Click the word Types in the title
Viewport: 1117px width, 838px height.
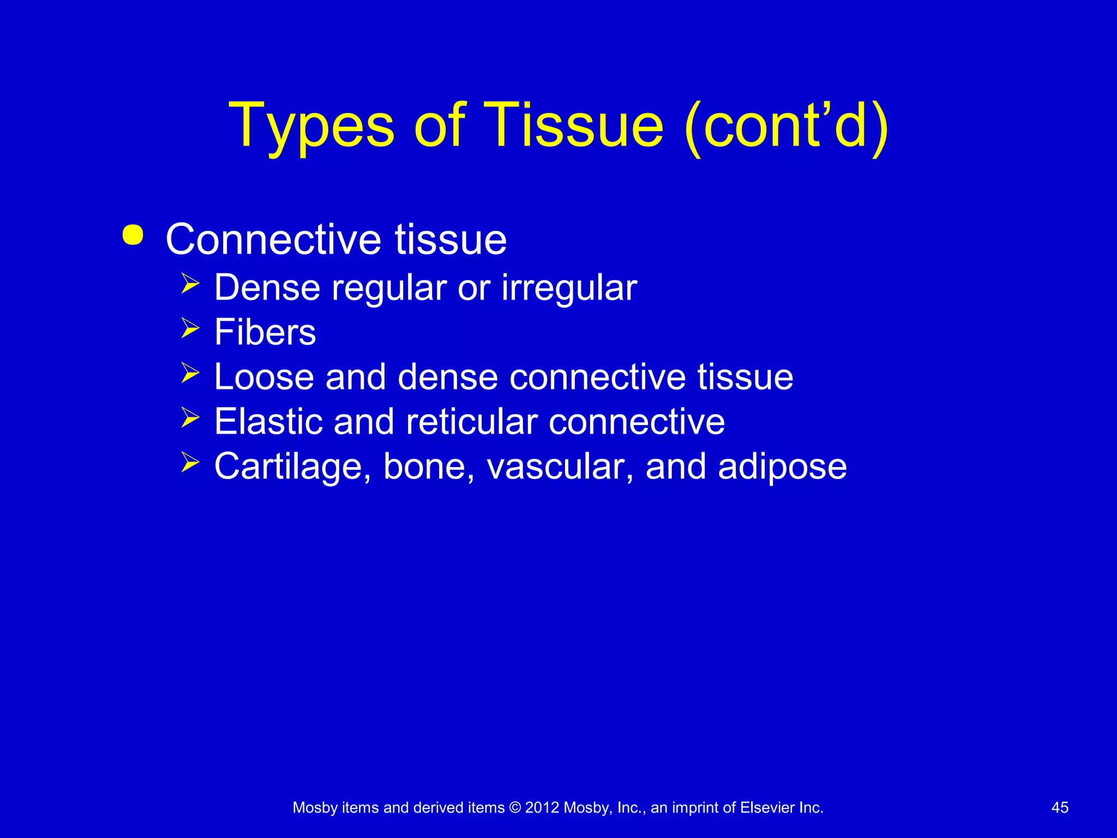[x=311, y=127]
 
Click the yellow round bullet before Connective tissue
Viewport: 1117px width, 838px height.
[x=133, y=235]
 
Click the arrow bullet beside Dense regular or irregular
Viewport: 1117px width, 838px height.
[x=190, y=284]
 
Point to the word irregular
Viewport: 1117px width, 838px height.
[x=569, y=288]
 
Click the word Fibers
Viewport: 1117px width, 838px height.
[x=265, y=332]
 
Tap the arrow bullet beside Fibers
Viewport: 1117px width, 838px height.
[x=190, y=328]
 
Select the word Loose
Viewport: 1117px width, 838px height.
[x=264, y=377]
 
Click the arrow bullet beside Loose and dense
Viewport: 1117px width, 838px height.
[x=190, y=373]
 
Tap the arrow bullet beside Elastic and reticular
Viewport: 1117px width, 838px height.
[x=190, y=418]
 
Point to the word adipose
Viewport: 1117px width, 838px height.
[x=782, y=467]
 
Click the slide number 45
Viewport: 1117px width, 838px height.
[x=1060, y=808]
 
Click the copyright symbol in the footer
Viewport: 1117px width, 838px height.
[x=515, y=808]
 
